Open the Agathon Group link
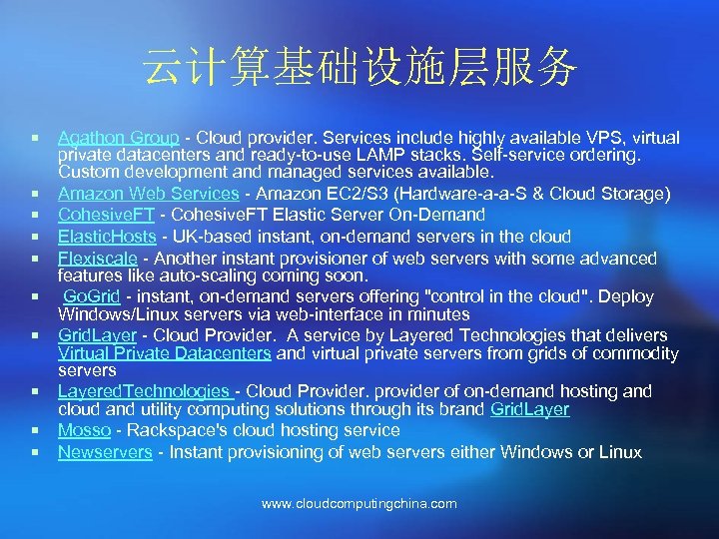tap(118, 137)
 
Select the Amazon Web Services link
tap(148, 194)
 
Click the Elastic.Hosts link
tap(107, 237)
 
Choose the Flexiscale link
tap(97, 259)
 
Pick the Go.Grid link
tap(93, 296)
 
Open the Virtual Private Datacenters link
tap(164, 352)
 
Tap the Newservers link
tap(105, 452)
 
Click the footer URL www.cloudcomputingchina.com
tap(359, 504)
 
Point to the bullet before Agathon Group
tap(35, 137)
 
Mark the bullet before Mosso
tap(35, 430)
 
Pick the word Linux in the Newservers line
tap(618, 452)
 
